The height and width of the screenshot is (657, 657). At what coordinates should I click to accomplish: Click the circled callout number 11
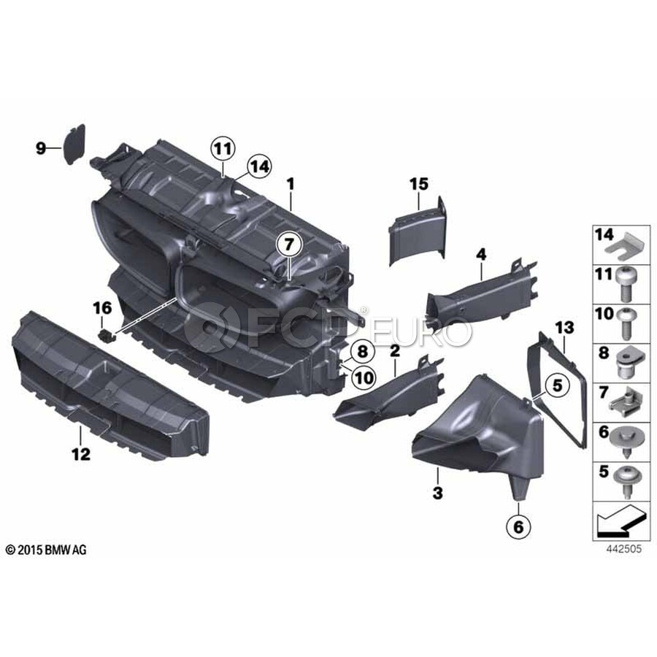(223, 148)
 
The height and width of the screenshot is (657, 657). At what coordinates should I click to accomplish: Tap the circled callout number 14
(258, 166)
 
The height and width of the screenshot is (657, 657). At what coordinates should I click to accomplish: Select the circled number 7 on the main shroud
(290, 243)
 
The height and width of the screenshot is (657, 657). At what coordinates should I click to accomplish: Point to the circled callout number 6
(518, 526)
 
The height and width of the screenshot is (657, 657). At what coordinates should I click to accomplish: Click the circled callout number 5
(557, 385)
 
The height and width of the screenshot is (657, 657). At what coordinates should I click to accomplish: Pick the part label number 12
(81, 453)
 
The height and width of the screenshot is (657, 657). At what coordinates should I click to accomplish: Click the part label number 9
(41, 148)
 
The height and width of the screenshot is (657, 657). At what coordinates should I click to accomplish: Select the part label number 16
(103, 308)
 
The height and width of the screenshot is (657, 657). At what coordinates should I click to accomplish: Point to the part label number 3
(437, 493)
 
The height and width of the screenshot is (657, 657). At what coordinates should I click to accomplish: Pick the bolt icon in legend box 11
(627, 285)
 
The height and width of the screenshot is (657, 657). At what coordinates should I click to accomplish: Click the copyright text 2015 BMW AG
(46, 550)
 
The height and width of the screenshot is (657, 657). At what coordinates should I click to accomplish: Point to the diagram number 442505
(623, 549)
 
